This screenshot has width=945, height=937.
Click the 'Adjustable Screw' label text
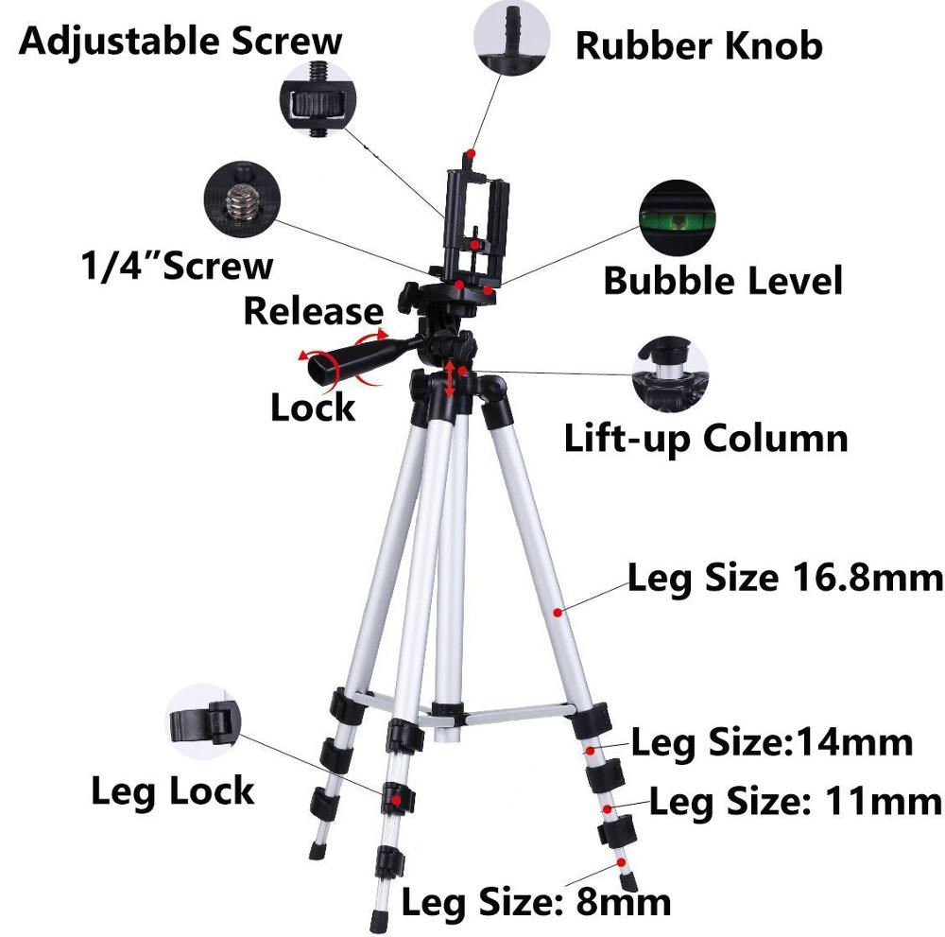pos(180,43)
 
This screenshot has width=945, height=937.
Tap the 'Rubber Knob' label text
pos(699,45)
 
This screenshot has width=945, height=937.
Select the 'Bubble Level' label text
pos(723,281)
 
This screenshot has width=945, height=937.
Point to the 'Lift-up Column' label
pos(706,438)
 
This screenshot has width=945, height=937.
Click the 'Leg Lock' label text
pos(172,791)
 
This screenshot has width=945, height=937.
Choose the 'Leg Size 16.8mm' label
pos(785,579)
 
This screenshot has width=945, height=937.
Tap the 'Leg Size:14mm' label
pos(772,742)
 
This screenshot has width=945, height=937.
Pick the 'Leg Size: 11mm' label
pos(796,802)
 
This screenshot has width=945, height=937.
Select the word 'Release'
pos(314,311)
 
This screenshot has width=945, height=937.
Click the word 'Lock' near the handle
pos(313,407)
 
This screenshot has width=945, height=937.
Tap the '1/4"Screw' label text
pos(178,266)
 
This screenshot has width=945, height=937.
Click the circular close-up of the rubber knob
pos(511,37)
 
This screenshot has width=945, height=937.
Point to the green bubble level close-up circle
pos(678,217)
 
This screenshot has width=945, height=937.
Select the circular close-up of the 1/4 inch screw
pos(242,200)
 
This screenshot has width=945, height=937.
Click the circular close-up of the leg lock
pos(203,721)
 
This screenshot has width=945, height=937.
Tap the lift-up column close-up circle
pos(670,373)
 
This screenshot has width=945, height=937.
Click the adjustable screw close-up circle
pos(318,99)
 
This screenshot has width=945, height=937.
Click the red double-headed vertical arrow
pos(449,378)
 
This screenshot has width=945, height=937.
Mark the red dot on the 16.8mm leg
pos(558,613)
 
